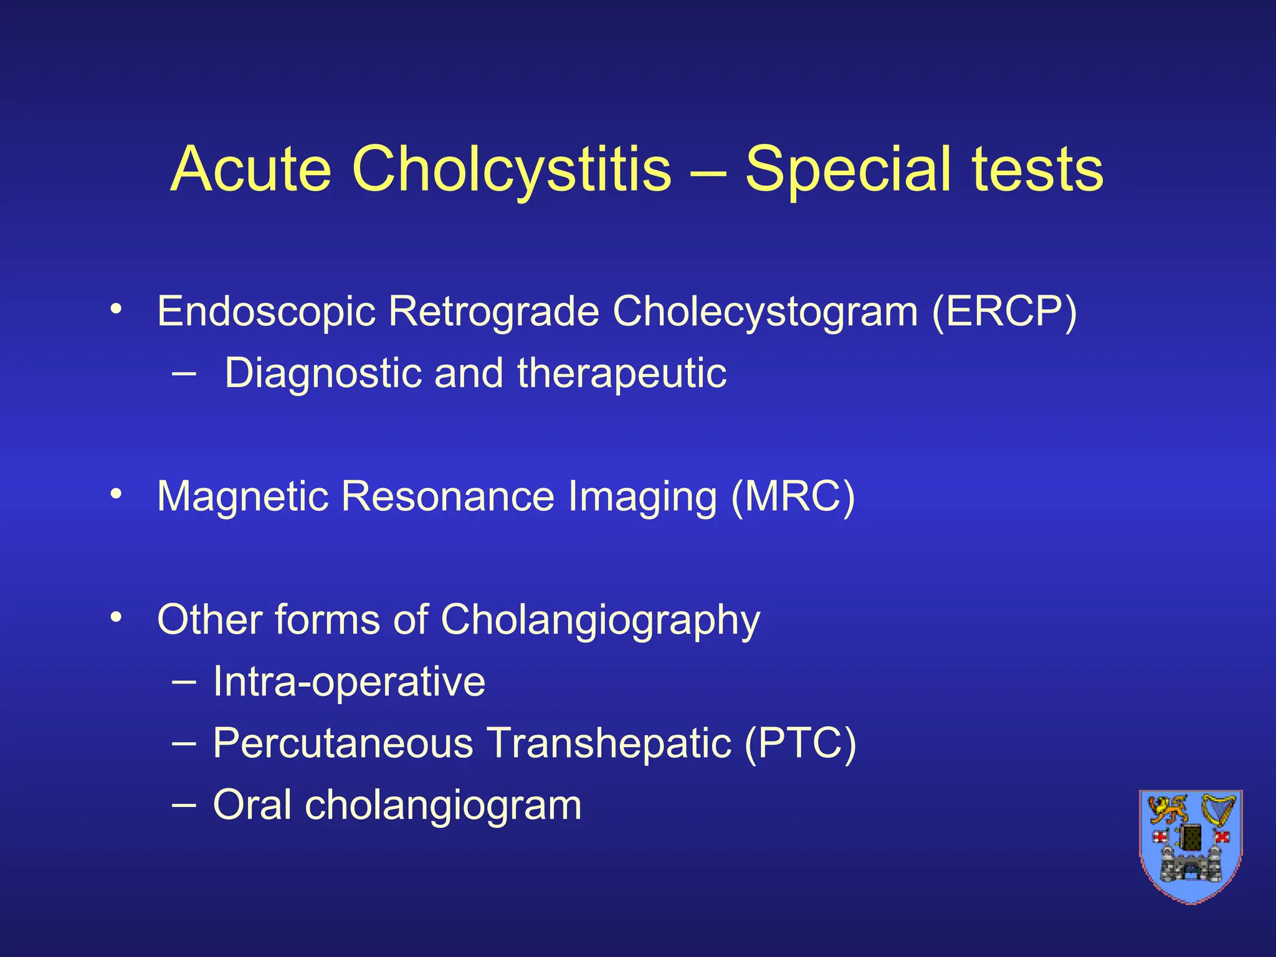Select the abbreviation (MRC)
[793, 497]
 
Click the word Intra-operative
[349, 681]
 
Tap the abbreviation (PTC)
[800, 743]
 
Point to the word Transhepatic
[609, 743]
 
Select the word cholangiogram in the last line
[443, 804]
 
